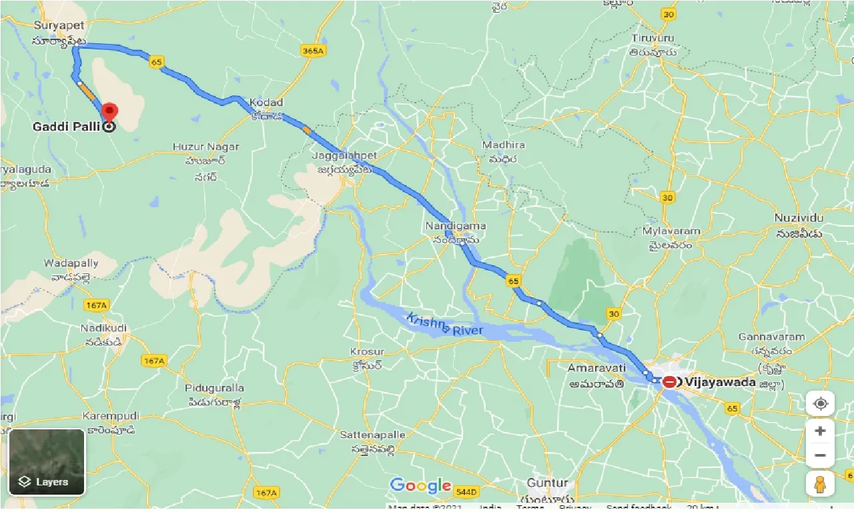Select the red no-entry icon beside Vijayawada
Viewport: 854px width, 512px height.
(669, 383)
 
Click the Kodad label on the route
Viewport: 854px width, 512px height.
(266, 103)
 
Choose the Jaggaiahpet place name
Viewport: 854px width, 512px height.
(344, 155)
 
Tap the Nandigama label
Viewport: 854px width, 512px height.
(456, 227)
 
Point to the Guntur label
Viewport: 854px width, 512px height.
(547, 483)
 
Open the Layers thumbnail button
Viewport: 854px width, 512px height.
(47, 461)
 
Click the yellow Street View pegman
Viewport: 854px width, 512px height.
(820, 484)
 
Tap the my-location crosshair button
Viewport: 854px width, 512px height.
(820, 404)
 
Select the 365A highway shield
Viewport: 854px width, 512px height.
(312, 51)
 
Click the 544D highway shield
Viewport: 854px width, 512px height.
(466, 492)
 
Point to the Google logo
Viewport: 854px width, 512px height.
(420, 486)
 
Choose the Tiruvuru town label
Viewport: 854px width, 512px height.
(654, 39)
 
